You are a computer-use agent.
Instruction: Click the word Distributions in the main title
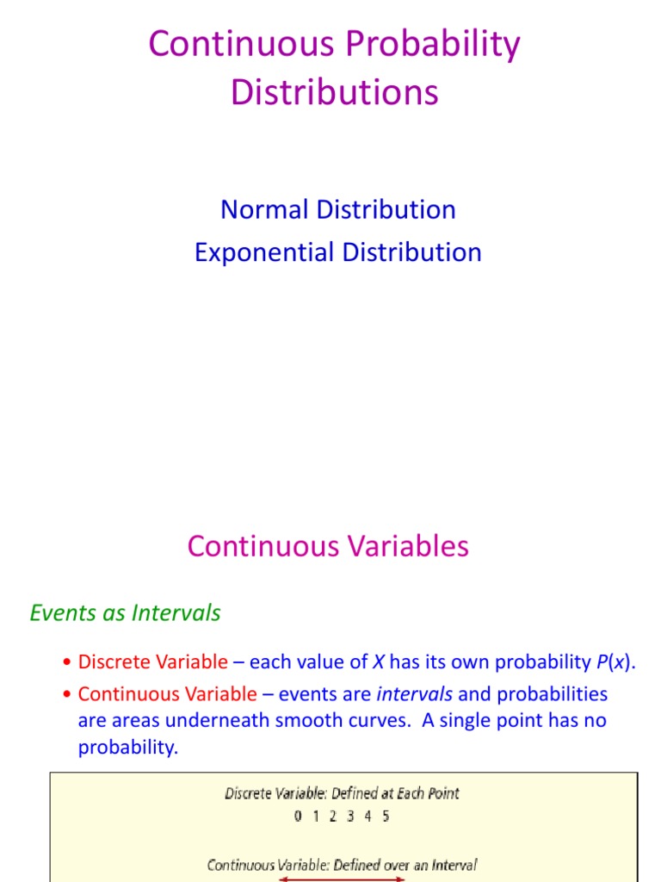(335, 92)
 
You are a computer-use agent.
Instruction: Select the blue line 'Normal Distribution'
(338, 209)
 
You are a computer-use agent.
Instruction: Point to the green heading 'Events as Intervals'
(126, 612)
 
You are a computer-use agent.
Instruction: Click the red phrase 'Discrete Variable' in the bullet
(153, 662)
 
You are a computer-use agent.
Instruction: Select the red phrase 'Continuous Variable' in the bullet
(168, 693)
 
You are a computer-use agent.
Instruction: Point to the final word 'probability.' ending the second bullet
(128, 747)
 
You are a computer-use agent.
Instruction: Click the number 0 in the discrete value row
(298, 816)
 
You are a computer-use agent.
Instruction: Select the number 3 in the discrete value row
(350, 816)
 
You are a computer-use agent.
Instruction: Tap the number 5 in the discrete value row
(386, 816)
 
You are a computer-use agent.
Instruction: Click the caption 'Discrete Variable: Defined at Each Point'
(342, 793)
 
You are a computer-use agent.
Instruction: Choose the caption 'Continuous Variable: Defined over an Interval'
(342, 865)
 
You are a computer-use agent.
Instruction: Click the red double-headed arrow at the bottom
(342, 879)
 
